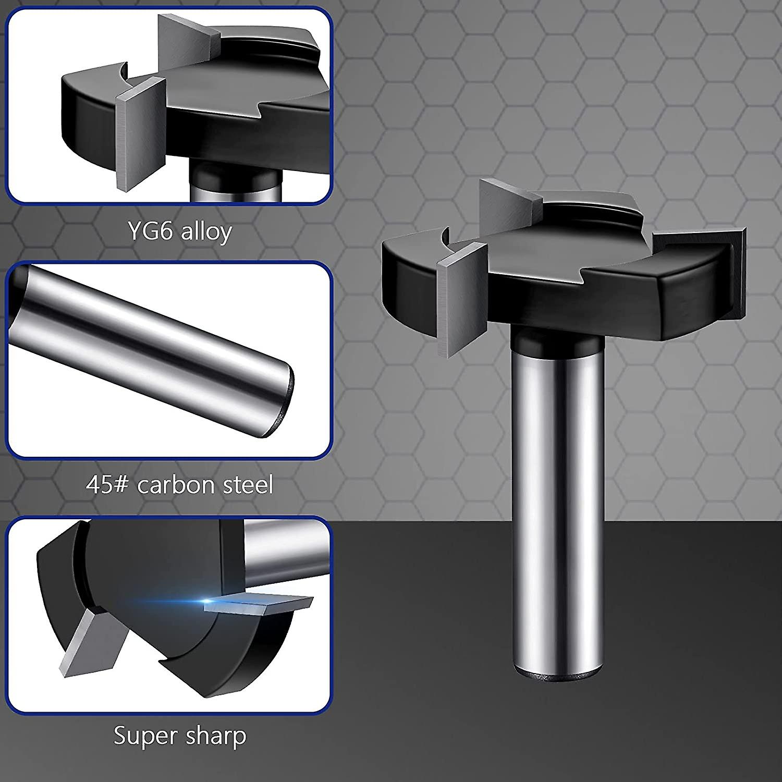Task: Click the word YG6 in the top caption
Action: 150,231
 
